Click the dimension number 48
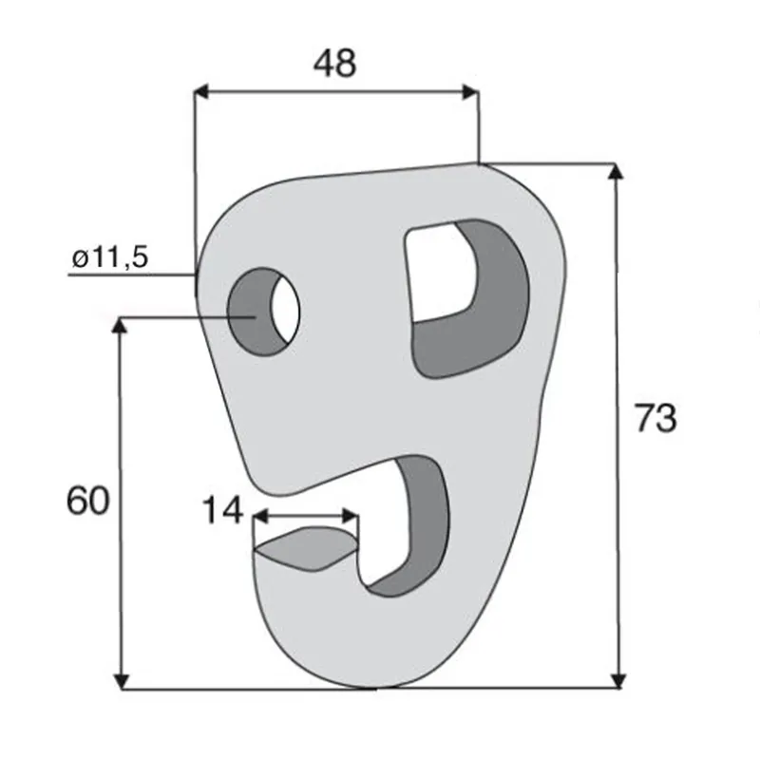click(334, 63)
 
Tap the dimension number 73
click(655, 418)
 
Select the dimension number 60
click(87, 501)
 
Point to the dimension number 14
click(222, 509)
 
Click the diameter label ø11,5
click(110, 256)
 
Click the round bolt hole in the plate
click(264, 312)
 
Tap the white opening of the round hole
click(286, 311)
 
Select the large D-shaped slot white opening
click(439, 273)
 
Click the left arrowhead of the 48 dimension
click(200, 91)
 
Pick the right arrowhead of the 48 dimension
click(471, 91)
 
